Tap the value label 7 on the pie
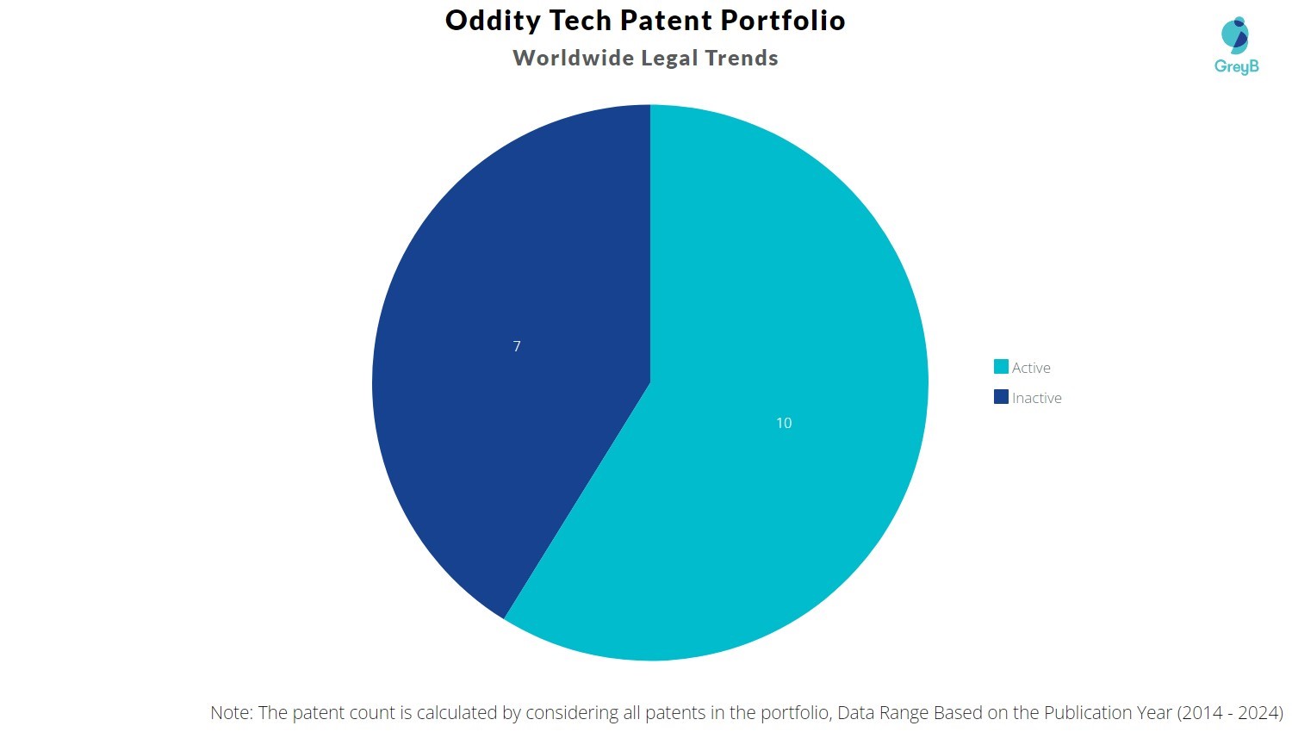[517, 346]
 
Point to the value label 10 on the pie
[784, 423]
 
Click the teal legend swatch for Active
[1001, 367]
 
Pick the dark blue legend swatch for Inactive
[1001, 397]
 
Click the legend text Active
[1031, 368]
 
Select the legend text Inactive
[1037, 398]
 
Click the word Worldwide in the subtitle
[573, 58]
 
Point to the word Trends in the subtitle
[742, 58]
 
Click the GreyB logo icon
[1235, 35]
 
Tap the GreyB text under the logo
[1236, 66]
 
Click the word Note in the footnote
[231, 713]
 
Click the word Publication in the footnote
[1088, 713]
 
